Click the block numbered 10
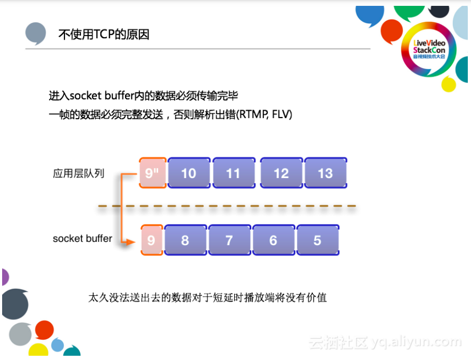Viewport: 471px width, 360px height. tap(188, 173)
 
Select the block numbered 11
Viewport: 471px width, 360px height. tap(233, 173)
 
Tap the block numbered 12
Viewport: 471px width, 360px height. tap(281, 173)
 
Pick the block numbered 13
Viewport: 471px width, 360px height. tap(325, 173)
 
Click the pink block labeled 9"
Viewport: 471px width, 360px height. tap(152, 173)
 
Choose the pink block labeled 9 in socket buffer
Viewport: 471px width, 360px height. tap(152, 240)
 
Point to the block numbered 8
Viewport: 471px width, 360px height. tap(185, 240)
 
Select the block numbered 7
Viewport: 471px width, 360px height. tap(229, 240)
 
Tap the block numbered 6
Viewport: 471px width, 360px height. tap(273, 240)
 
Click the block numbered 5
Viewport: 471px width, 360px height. tap(317, 240)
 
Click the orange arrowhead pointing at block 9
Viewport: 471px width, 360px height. tap(128, 242)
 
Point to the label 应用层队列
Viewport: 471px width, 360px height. tap(79, 173)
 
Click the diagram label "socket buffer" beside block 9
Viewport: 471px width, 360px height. tap(82, 239)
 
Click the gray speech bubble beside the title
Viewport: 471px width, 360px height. tap(36, 33)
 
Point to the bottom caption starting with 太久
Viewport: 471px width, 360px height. tap(207, 297)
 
